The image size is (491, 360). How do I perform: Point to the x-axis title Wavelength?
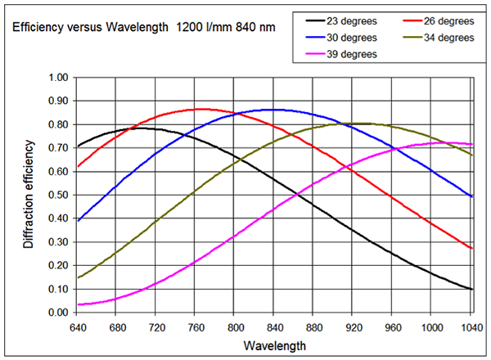(273, 345)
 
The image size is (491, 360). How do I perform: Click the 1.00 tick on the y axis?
(56, 78)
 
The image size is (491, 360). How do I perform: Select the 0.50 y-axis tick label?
(56, 196)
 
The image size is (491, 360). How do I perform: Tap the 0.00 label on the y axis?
(56, 313)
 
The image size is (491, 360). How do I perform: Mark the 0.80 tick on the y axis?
(56, 125)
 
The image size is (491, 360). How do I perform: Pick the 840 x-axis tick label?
(273, 324)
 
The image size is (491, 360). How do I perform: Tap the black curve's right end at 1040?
(471, 289)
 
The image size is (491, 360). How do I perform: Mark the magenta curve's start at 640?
(77, 304)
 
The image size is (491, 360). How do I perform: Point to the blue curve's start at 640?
(77, 221)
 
